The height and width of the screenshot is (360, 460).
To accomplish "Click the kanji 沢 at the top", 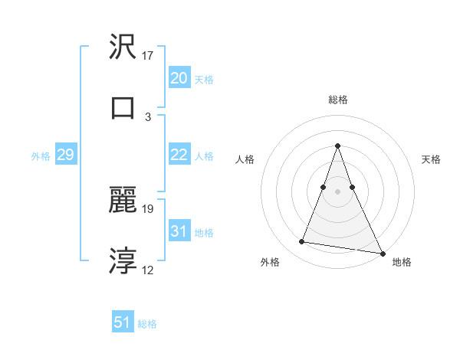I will (x=123, y=47).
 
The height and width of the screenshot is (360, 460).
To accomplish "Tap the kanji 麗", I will (x=123, y=200).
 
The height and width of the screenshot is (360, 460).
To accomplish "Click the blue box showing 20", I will (x=179, y=77).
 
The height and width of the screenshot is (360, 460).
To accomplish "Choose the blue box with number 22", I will (x=179, y=155).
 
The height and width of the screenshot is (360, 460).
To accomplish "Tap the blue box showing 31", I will (x=179, y=231).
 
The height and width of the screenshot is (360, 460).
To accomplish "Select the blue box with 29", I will (x=65, y=155).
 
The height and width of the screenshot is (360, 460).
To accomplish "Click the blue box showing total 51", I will (x=123, y=322).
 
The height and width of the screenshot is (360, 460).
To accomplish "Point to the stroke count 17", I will (x=148, y=56).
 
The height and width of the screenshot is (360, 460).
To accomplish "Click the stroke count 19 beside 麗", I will (x=148, y=208).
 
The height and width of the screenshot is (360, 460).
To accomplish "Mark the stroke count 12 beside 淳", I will (x=148, y=270).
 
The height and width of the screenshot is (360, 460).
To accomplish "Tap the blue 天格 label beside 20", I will (x=204, y=80).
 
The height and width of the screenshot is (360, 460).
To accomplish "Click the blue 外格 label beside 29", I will (x=41, y=156).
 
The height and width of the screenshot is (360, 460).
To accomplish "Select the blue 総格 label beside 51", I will (x=147, y=324).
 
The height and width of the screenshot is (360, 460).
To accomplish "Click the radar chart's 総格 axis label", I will (x=337, y=100).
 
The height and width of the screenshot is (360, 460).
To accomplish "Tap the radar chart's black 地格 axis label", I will (x=402, y=262).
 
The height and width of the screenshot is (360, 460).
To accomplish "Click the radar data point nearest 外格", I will (x=302, y=242).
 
